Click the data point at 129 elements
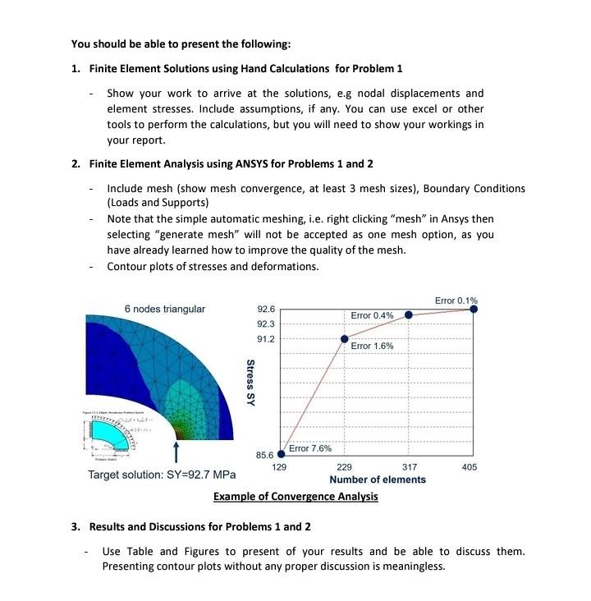coord(282,453)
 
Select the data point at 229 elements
coord(345,338)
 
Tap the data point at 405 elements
coord(474,310)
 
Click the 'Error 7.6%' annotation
coord(310,448)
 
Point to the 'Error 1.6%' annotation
coord(372,346)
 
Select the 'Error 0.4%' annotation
coord(372,315)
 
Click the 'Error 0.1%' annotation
coord(456,300)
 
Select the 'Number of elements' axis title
coord(377,479)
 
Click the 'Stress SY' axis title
coord(250,382)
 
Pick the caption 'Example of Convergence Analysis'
coord(295,497)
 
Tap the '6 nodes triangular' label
coord(164,309)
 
